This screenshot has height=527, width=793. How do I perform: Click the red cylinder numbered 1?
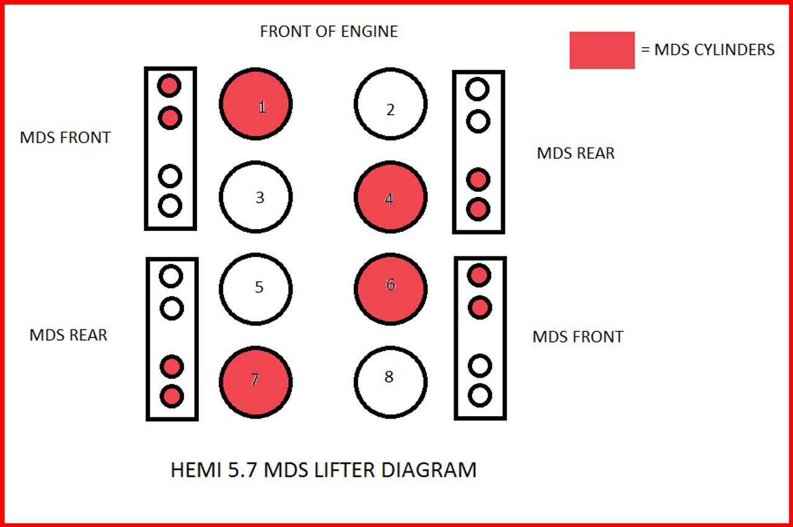pyautogui.click(x=255, y=103)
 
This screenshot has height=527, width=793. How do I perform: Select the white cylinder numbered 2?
pyautogui.click(x=390, y=103)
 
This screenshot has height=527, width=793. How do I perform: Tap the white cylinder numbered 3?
pyautogui.click(x=255, y=196)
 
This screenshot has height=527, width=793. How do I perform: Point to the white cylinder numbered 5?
pyautogui.click(x=255, y=289)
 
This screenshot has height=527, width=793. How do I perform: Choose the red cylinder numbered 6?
pyautogui.click(x=390, y=289)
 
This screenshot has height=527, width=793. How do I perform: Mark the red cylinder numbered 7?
pyautogui.click(x=255, y=381)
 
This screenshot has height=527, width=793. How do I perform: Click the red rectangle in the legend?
pyautogui.click(x=602, y=50)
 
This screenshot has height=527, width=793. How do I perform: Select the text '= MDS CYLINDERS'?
pyautogui.click(x=708, y=50)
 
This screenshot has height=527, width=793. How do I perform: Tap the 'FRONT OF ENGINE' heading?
pyautogui.click(x=329, y=32)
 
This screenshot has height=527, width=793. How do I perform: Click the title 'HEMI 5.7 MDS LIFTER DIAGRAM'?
pyautogui.click(x=323, y=470)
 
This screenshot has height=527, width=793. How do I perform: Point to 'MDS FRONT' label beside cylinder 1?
pyautogui.click(x=65, y=137)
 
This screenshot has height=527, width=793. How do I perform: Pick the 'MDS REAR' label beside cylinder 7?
pyautogui.click(x=68, y=335)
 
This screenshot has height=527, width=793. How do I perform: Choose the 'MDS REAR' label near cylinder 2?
pyautogui.click(x=576, y=154)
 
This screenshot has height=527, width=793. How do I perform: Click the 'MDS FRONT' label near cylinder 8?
pyautogui.click(x=577, y=337)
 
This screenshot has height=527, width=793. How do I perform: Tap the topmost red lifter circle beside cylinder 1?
pyautogui.click(x=169, y=86)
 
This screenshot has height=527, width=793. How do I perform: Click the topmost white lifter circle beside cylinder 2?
pyautogui.click(x=477, y=90)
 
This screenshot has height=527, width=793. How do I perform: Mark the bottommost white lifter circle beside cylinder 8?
pyautogui.click(x=480, y=395)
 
